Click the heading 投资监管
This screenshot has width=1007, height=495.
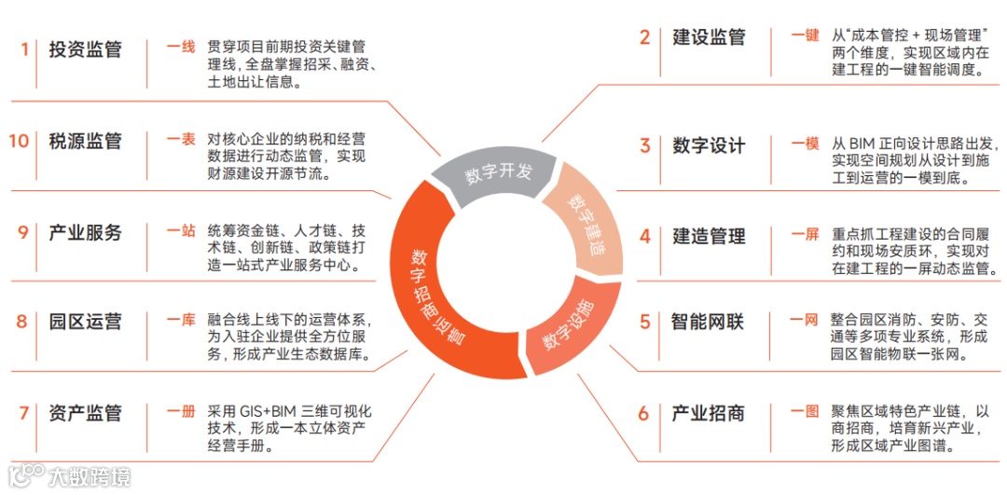[x=86, y=49]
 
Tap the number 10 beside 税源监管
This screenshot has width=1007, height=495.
[x=19, y=141]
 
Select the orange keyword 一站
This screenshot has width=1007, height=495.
[x=181, y=231]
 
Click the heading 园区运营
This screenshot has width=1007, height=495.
[x=86, y=322]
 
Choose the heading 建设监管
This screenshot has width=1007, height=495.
[x=709, y=37]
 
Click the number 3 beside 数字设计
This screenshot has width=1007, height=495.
[x=644, y=145]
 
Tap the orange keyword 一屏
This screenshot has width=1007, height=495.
[x=805, y=235]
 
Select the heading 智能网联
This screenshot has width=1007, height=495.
[x=708, y=322]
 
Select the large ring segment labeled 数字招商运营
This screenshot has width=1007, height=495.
[x=438, y=298]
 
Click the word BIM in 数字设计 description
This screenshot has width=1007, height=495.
[x=864, y=144]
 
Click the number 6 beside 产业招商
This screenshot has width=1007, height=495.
[x=643, y=413]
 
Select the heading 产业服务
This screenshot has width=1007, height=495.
[x=86, y=232]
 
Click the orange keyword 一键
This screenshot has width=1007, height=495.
[x=805, y=35]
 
